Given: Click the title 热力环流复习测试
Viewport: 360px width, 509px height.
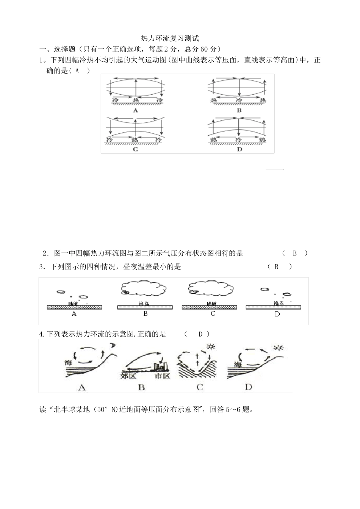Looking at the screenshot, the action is (169, 38).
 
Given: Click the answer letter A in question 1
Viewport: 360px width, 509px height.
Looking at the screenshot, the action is (77, 70).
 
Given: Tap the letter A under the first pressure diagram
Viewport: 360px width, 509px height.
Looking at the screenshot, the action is (135, 110).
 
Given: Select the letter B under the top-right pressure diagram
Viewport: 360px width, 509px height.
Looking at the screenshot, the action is (239, 110).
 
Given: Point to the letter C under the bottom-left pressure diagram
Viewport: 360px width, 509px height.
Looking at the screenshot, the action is (135, 149).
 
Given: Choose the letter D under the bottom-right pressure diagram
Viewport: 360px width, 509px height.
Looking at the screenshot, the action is (239, 149).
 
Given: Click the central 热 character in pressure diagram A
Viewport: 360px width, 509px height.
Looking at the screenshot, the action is (135, 100).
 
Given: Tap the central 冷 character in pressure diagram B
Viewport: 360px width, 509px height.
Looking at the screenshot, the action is (239, 100).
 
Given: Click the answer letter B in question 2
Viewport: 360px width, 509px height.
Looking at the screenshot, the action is (294, 253).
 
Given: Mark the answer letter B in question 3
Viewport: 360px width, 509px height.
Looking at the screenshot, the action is (277, 267).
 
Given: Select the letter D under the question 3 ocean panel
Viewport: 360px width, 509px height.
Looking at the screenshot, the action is (277, 314).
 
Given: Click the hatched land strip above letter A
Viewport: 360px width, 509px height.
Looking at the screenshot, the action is (74, 307).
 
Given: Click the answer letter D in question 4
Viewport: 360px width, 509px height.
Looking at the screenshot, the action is (201, 334).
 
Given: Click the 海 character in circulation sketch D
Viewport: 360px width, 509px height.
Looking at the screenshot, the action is (238, 364).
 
